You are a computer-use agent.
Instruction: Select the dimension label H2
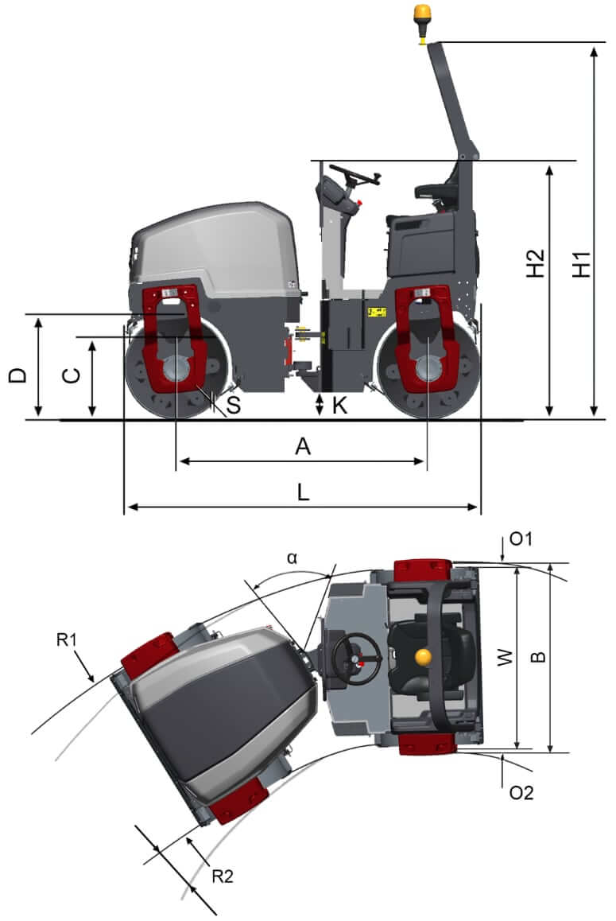click(x=537, y=264)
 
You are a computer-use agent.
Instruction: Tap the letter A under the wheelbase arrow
click(x=302, y=447)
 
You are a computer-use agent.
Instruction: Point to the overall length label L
click(x=303, y=492)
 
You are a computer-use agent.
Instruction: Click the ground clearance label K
click(x=339, y=406)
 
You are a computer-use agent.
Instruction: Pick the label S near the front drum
click(x=233, y=406)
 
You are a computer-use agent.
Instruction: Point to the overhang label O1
click(x=521, y=540)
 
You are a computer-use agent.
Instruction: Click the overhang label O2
click(x=521, y=792)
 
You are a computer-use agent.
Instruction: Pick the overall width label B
click(x=538, y=657)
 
